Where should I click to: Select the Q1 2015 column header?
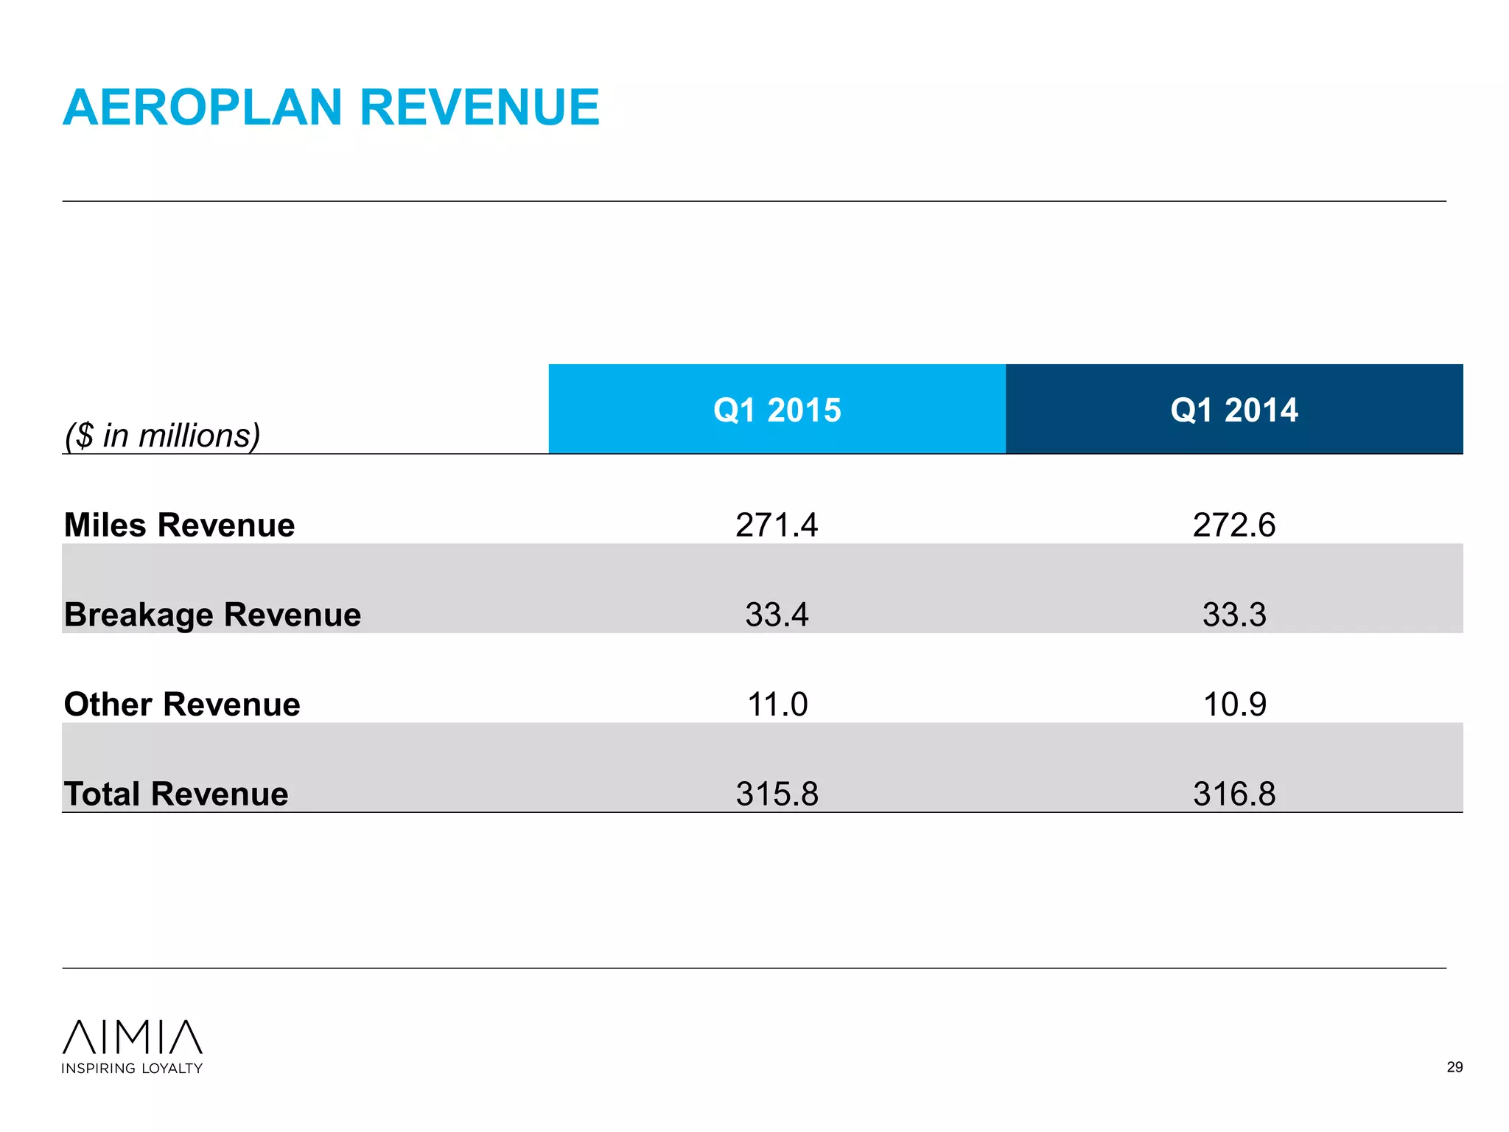[x=777, y=410]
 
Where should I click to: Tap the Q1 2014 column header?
[x=1234, y=410]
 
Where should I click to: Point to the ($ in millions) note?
[x=163, y=435]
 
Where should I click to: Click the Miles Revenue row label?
[x=179, y=525]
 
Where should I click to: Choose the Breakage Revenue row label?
[x=212, y=615]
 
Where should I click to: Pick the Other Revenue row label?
[x=182, y=705]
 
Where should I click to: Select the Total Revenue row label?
[x=176, y=794]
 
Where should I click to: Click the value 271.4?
[x=777, y=525]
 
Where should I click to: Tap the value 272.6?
[x=1234, y=525]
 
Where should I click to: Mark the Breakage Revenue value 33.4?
[x=777, y=615]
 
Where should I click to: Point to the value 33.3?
[x=1234, y=615]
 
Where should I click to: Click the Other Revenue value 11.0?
[x=777, y=705]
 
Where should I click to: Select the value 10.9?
[x=1234, y=705]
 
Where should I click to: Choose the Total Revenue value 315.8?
[x=777, y=794]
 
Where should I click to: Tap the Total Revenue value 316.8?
[x=1234, y=794]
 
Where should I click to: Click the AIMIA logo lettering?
[x=133, y=1037]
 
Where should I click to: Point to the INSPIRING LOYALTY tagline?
[x=132, y=1069]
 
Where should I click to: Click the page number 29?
[x=1454, y=1067]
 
